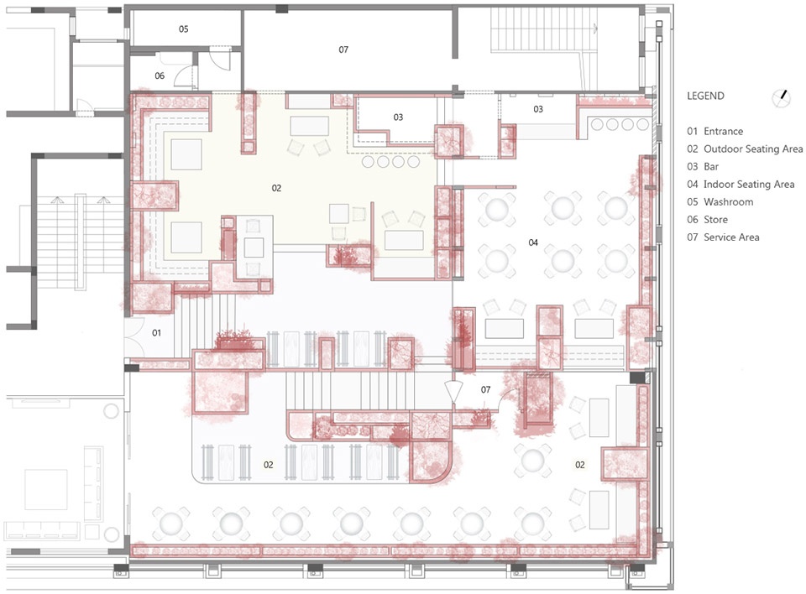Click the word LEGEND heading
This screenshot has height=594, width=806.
705,96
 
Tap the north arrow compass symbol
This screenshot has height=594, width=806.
782,97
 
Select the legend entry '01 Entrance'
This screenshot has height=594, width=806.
715,132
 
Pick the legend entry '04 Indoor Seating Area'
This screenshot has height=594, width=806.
741,185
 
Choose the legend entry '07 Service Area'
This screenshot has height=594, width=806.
723,237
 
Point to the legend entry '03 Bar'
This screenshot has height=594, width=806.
703,167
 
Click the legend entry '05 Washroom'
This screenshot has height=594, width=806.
720,202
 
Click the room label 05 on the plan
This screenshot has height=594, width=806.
184,29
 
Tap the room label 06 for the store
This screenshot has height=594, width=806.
160,76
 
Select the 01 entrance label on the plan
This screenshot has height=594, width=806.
156,333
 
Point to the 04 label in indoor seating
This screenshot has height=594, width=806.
533,242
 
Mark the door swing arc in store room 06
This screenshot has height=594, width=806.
181,75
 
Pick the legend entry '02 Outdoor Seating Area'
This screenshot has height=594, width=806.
745,149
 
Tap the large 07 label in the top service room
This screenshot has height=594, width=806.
343,49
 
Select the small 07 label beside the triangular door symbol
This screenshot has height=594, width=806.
486,390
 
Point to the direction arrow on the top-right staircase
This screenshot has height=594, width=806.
595,29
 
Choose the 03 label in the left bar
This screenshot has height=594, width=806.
398,117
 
